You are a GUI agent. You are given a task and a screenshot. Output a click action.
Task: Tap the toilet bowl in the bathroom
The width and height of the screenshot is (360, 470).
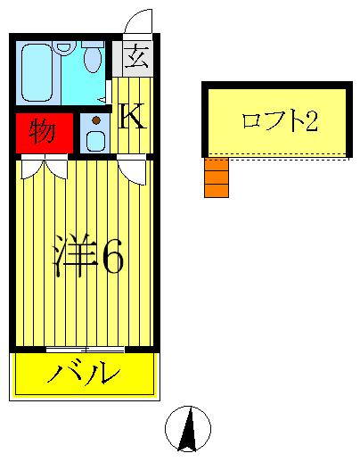tap(93, 60)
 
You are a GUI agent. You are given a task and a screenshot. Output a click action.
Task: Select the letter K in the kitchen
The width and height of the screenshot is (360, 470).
tap(132, 115)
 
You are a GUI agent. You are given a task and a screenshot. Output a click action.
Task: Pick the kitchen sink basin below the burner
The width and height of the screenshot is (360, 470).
tap(94, 139)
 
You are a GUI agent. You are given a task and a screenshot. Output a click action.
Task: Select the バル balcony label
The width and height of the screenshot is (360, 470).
tap(85, 372)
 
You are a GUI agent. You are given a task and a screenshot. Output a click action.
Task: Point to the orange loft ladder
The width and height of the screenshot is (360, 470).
tap(215, 177)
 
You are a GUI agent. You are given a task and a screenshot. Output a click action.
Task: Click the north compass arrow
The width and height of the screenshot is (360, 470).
tap(188, 430)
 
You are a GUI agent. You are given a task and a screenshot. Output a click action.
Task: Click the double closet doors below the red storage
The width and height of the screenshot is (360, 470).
tap(43, 166)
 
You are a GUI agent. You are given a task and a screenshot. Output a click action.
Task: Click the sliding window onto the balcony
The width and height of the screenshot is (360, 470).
tap(84, 348)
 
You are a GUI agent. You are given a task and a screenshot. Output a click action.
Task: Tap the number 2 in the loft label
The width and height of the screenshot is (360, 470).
tap(311, 121)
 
